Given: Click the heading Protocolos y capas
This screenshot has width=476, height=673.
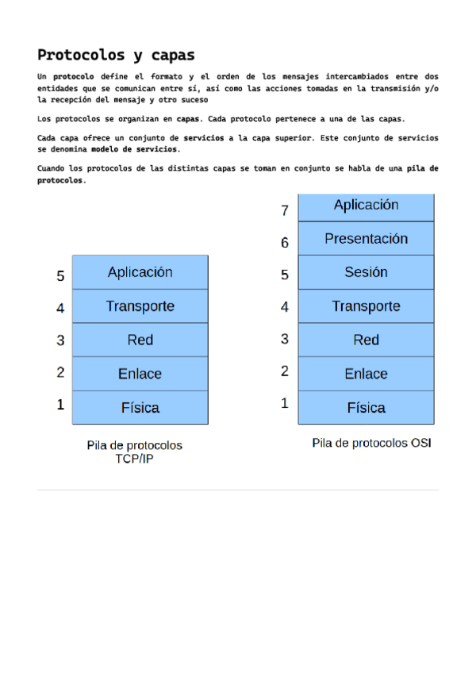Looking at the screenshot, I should [116, 55].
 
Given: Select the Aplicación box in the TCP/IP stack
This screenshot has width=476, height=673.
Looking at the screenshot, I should [140, 272].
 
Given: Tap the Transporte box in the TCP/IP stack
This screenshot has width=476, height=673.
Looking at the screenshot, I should [140, 306].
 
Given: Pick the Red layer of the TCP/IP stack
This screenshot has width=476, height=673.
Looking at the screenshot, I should [140, 340].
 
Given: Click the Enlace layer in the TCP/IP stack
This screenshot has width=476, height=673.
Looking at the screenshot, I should [140, 374].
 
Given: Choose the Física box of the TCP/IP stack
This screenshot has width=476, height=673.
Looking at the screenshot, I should [140, 408].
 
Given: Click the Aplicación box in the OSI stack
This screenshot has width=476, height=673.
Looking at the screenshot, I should [366, 206].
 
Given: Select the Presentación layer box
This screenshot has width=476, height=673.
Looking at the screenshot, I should [366, 239].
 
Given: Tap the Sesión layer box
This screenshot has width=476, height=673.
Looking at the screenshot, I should [366, 272].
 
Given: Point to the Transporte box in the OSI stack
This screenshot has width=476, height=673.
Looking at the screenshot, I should [366, 306].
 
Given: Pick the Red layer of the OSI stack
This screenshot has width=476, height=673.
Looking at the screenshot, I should [366, 340].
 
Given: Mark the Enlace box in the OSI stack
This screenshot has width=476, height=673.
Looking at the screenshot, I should [366, 374].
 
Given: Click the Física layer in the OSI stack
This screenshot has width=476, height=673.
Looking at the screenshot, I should [366, 408].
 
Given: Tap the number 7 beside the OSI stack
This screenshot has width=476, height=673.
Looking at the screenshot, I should [285, 211].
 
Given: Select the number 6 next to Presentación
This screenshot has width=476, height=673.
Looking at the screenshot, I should [285, 243].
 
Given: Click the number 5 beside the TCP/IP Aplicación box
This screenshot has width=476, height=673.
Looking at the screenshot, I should [60, 276].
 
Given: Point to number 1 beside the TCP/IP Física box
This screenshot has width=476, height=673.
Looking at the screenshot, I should [60, 405].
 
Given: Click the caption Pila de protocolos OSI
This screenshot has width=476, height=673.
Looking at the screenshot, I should [371, 443].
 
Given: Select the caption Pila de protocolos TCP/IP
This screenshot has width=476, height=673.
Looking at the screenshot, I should [134, 452].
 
